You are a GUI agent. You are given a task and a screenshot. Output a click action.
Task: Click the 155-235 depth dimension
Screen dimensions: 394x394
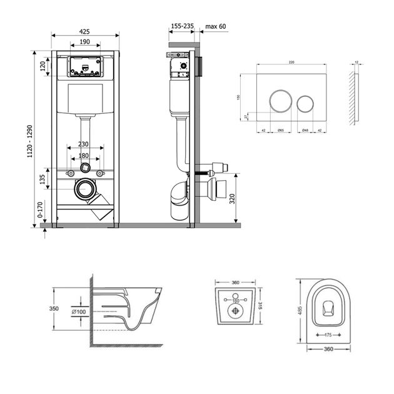[x=181, y=26]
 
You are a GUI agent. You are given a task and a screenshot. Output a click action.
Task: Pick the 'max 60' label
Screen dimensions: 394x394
[x=215, y=26]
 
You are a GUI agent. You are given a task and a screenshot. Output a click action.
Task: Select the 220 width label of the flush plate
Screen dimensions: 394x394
[x=292, y=63]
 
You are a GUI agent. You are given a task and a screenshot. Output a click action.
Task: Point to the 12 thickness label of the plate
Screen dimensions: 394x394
[x=357, y=63]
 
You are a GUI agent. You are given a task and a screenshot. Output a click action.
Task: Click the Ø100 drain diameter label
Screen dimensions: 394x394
[x=78, y=311]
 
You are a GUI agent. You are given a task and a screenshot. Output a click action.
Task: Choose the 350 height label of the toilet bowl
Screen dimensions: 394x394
[x=54, y=309]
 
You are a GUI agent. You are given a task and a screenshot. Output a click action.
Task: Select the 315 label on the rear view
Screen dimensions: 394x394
[x=261, y=305]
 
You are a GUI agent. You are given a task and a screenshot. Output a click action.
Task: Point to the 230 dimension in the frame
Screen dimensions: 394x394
[x=84, y=144]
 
